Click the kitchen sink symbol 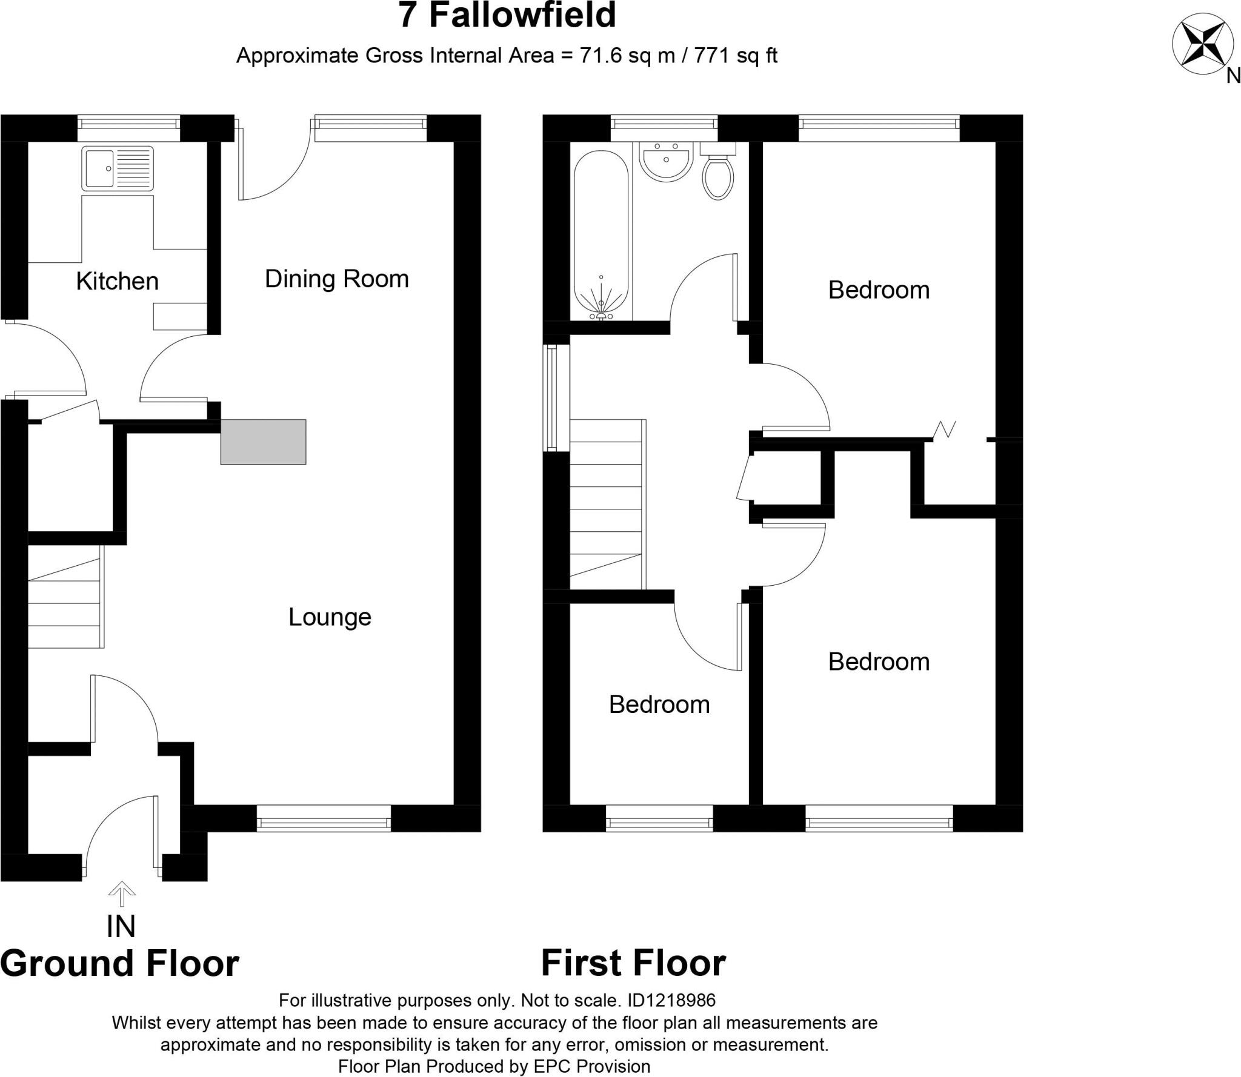click(118, 168)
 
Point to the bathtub click(601, 233)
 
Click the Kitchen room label click(117, 282)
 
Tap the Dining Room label click(337, 279)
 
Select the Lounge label click(330, 617)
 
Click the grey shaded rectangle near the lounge click(263, 442)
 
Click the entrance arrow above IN click(122, 893)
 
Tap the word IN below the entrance click(121, 926)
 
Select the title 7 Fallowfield click(507, 16)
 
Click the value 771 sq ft click(736, 56)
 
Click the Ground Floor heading click(119, 964)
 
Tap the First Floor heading click(633, 963)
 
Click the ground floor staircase click(65, 603)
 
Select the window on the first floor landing click(552, 398)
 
